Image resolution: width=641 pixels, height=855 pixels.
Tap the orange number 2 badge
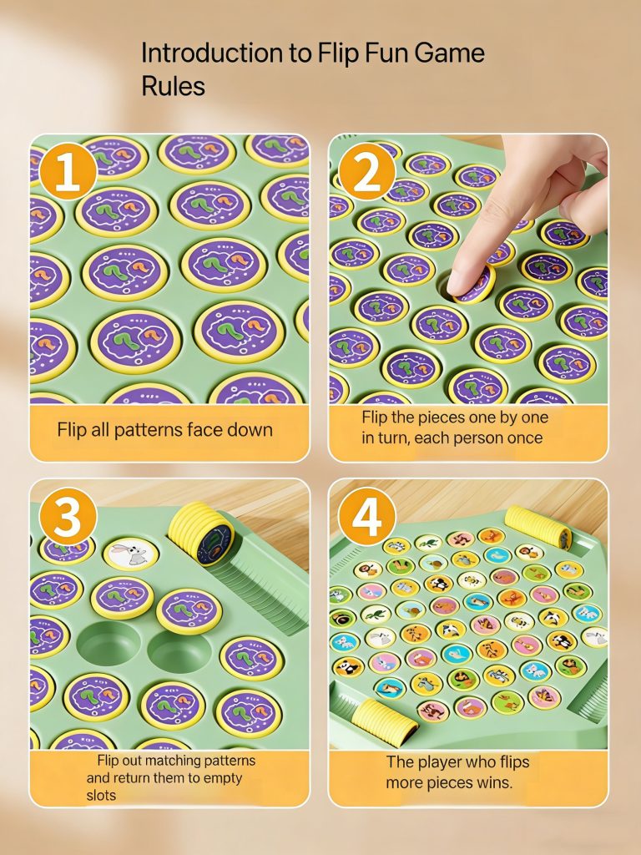tap(367, 171)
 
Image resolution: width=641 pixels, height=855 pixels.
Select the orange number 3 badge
tap(68, 516)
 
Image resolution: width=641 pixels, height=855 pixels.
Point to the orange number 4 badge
tap(367, 516)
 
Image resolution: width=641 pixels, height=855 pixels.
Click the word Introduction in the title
tap(212, 53)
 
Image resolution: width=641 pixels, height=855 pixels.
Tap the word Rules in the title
tap(174, 86)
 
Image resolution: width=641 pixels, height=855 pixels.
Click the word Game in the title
tap(449, 53)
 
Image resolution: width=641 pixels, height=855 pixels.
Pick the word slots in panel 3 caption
tap(101, 795)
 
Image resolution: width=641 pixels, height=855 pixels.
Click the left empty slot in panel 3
tap(109, 644)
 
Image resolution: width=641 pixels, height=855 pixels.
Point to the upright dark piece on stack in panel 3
tap(215, 544)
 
